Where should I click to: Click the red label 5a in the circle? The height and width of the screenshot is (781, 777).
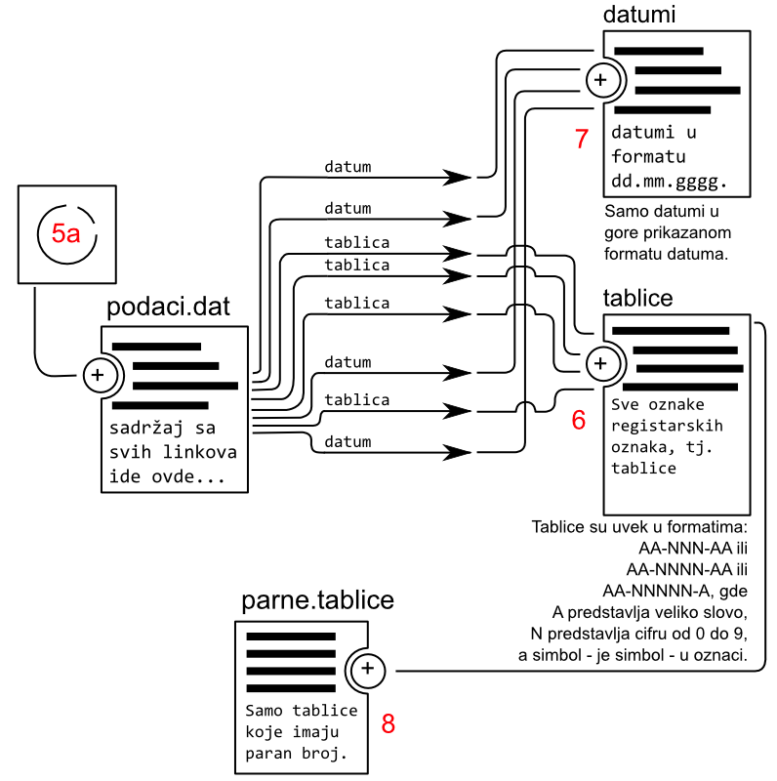[x=65, y=233]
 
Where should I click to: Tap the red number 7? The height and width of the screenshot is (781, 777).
[x=582, y=139]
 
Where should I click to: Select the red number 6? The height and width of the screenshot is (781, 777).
[x=579, y=420]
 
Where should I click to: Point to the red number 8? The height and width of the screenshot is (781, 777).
[x=388, y=723]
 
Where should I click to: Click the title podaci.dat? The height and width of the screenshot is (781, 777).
[x=168, y=308]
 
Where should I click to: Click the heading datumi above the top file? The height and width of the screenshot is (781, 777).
[x=640, y=14]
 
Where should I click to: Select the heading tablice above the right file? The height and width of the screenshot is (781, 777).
[x=638, y=298]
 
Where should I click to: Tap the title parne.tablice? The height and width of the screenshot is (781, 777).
[x=317, y=600]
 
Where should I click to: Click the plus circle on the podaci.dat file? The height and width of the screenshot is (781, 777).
[x=98, y=374]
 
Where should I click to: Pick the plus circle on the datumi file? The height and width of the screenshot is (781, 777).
[x=601, y=80]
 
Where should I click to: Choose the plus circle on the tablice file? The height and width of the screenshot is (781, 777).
[x=601, y=363]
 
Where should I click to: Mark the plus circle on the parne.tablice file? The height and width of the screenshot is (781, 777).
[x=367, y=669]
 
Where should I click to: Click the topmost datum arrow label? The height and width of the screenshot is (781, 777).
[x=348, y=167]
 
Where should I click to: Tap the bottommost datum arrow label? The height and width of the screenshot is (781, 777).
[x=348, y=442]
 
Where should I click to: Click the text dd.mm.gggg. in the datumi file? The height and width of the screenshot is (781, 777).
[x=670, y=182]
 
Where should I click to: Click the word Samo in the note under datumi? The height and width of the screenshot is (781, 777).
[x=625, y=212]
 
